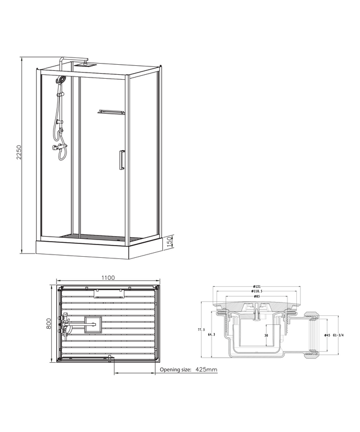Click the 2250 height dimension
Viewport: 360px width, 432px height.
point(19,152)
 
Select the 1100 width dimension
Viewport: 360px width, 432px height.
point(108,278)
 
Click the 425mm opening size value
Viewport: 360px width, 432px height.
point(207,369)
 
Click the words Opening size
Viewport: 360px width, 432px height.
point(175,369)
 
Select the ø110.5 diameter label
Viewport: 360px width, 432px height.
point(256,291)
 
